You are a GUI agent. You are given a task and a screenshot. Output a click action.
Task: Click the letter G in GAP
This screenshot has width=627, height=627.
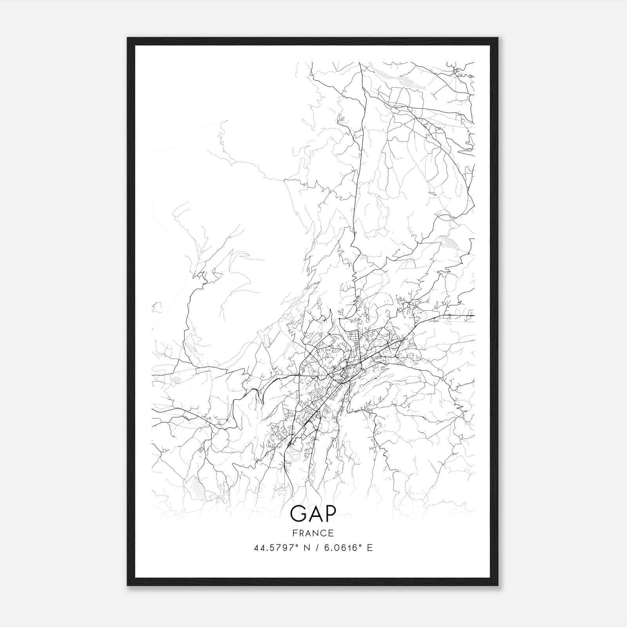coord(298,514)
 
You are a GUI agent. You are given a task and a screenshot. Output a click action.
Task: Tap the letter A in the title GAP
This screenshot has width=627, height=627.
coord(313,514)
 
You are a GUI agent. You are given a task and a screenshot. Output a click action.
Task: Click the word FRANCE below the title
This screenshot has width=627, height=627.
coord(313,533)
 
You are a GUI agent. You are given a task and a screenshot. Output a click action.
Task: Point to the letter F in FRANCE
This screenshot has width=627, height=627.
coord(295,533)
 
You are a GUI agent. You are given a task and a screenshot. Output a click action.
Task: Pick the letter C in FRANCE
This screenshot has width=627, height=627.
coord(324,533)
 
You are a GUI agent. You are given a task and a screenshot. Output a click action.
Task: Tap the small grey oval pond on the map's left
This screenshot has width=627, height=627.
coord(177,380)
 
